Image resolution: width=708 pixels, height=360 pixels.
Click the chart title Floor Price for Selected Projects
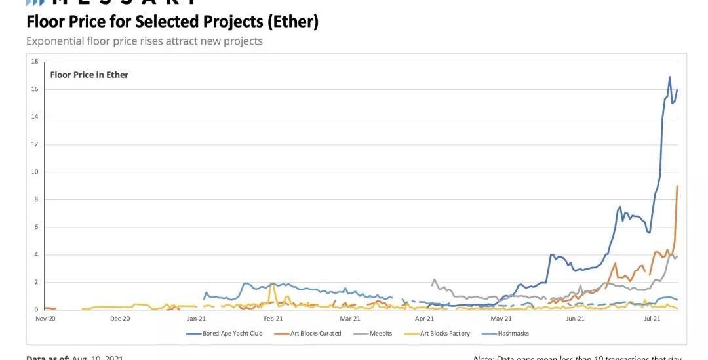pos(172,22)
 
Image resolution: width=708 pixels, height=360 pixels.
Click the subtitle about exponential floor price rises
pos(144,41)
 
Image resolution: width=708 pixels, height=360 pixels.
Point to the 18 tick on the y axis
pos(35,61)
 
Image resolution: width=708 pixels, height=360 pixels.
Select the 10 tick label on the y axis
pos(35,172)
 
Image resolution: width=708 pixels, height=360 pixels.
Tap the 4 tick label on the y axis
pos(36,254)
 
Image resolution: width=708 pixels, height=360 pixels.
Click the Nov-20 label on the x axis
pos(45,319)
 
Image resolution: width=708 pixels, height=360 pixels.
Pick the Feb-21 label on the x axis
pos(273,319)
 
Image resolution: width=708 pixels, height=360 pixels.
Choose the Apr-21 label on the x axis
pos(424,319)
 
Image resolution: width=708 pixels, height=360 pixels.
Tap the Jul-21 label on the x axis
pos(652,319)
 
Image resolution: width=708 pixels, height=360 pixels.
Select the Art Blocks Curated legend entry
pos(315,334)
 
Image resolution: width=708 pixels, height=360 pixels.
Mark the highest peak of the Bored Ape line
pos(669,77)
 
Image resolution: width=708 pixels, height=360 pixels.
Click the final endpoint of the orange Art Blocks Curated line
pos(677,186)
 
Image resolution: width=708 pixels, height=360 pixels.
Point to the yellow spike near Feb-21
pos(272,285)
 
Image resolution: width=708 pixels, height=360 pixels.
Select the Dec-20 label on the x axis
pos(121,319)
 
